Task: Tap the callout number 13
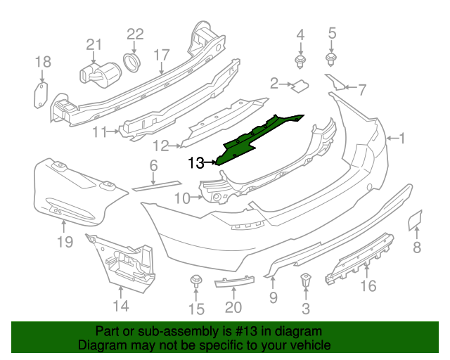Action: click(x=198, y=163)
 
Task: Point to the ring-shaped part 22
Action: click(x=131, y=63)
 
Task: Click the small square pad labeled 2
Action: click(x=302, y=86)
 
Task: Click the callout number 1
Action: click(x=403, y=138)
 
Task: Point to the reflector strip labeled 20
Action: click(x=232, y=283)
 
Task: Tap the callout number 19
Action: click(x=65, y=243)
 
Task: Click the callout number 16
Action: click(x=368, y=285)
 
